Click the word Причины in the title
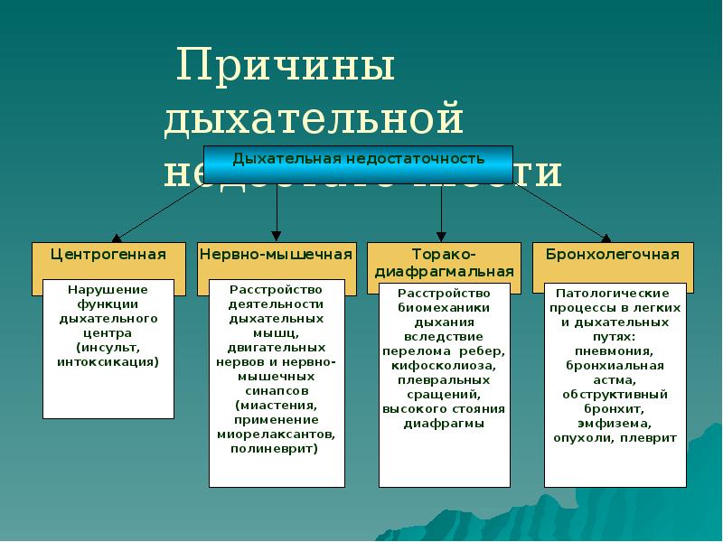[x=286, y=69]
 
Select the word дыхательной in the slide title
[x=314, y=119]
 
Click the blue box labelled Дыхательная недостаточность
[x=359, y=159]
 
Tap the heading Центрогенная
[x=108, y=255]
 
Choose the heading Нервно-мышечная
[x=276, y=255]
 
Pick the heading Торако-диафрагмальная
[x=444, y=263]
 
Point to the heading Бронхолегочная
[x=612, y=255]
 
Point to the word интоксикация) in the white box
[x=108, y=361]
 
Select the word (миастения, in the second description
[x=277, y=405]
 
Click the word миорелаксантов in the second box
[x=277, y=434]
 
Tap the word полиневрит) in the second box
[x=277, y=448]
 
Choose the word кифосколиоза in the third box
[x=444, y=366]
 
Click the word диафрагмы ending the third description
[x=444, y=424]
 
